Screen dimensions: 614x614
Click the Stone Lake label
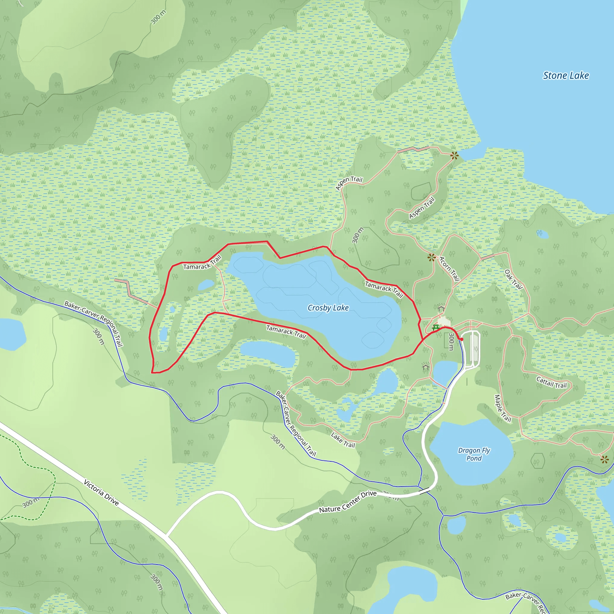[566, 76]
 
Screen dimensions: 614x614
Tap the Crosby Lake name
[328, 308]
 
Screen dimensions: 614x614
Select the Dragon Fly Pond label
[474, 454]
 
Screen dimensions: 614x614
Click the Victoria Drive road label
[101, 492]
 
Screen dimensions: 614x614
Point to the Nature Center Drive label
[348, 502]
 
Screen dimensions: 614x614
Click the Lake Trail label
[343, 440]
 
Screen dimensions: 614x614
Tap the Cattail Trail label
[551, 382]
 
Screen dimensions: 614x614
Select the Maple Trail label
[502, 408]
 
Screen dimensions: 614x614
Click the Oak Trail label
[513, 279]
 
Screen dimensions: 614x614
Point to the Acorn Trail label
[449, 269]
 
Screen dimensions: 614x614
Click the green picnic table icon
[436, 327]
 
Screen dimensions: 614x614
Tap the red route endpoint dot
[462, 339]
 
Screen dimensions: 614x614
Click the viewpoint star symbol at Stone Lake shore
[455, 156]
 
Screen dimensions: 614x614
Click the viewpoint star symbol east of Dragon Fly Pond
[604, 459]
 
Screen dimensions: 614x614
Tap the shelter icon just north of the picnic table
[441, 308]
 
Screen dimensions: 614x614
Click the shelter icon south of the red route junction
[425, 367]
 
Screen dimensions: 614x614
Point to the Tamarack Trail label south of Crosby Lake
[286, 332]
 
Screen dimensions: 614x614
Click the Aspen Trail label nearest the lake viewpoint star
[422, 208]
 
